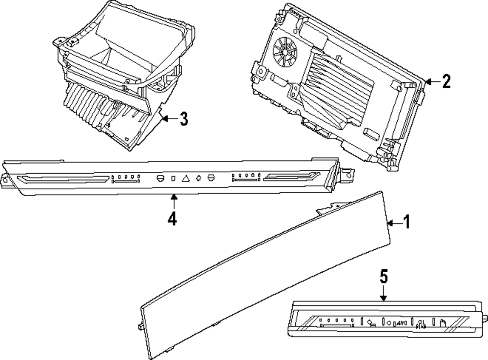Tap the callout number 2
445,81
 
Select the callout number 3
183,119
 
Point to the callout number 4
172,218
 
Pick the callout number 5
384,277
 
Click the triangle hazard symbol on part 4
186,179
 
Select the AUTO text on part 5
402,323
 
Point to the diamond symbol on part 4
199,178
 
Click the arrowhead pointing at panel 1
389,222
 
